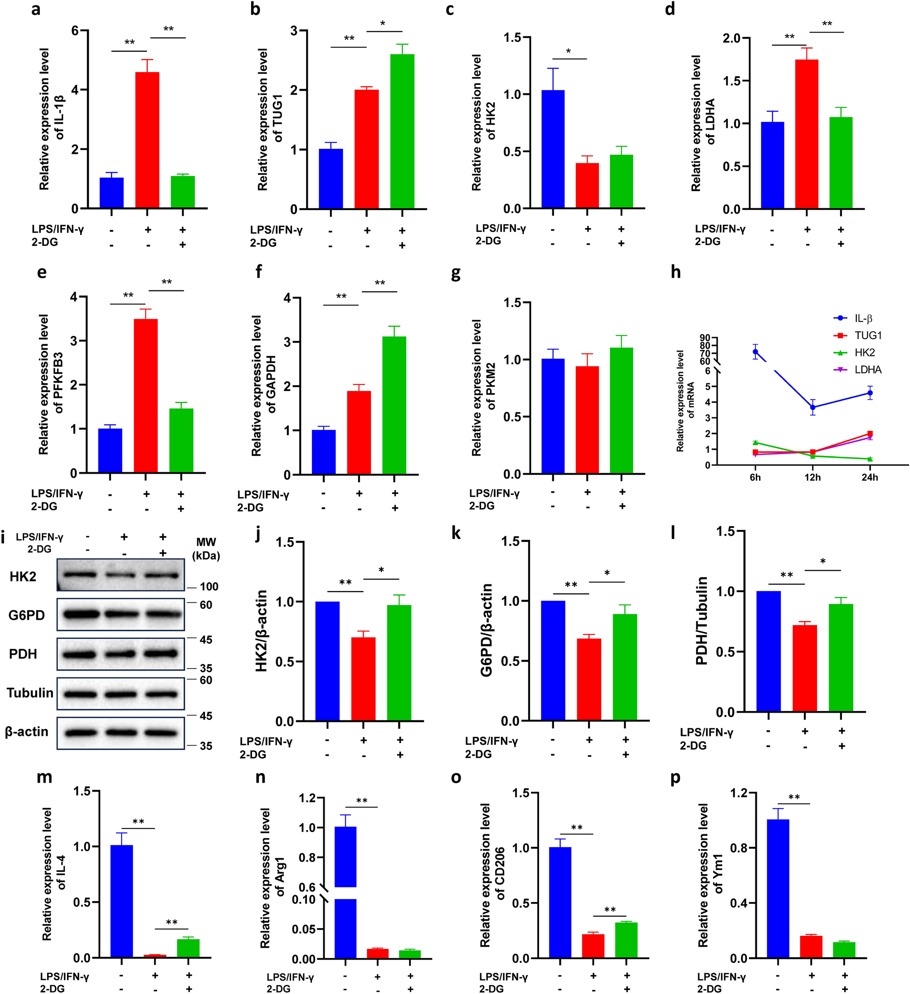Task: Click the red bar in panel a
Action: [147, 141]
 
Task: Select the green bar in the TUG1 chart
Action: [402, 132]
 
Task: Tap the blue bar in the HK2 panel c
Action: [553, 149]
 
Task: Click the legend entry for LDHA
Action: [867, 370]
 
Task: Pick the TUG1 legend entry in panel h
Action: [867, 336]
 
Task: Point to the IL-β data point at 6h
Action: [755, 352]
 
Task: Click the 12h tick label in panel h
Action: [813, 477]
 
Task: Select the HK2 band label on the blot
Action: [23, 576]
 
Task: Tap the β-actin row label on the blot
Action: [27, 732]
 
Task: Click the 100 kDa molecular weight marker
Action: [209, 587]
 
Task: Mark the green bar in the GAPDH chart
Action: [394, 405]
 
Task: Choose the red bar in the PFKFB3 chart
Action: [146, 396]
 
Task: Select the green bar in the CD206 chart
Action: [627, 940]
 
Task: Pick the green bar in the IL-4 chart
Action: [188, 948]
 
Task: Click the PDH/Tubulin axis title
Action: [701, 621]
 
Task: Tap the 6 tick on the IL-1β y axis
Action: [75, 30]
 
